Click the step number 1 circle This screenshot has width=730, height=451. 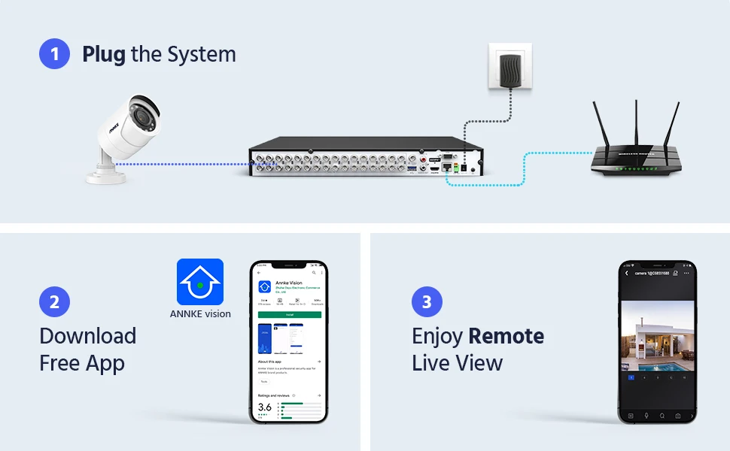click(54, 54)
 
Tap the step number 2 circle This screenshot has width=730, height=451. click(54, 302)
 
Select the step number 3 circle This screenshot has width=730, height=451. click(427, 302)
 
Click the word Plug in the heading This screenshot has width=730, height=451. click(103, 54)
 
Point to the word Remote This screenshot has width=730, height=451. click(506, 336)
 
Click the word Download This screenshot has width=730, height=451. click(87, 336)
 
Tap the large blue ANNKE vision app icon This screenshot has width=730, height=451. click(200, 282)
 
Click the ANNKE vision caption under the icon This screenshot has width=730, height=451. click(200, 314)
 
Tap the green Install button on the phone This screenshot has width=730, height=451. click(289, 314)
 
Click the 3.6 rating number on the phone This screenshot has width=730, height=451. click(264, 407)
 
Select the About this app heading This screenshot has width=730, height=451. click(272, 362)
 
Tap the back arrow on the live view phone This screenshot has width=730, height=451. click(627, 274)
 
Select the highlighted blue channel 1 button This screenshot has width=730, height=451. click(631, 377)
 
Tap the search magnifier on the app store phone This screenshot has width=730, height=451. click(314, 273)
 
